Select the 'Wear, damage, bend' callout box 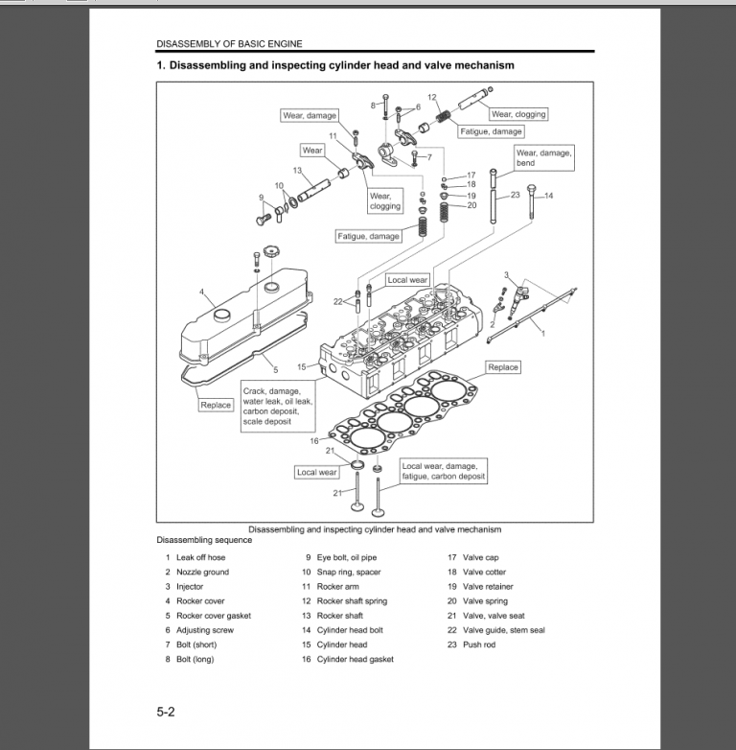543,158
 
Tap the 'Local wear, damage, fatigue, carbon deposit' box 443,471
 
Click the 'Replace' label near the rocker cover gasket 216,405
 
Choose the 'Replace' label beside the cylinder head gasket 503,367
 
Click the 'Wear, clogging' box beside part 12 518,114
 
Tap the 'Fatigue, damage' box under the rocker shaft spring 492,131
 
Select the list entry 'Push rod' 480,645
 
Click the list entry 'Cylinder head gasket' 355,659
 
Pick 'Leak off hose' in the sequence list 200,557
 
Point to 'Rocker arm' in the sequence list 337,586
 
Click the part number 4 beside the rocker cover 201,291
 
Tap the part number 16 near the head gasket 313,440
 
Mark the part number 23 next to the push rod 515,195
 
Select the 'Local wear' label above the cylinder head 407,280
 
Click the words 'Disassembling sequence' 204,540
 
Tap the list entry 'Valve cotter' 484,572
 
